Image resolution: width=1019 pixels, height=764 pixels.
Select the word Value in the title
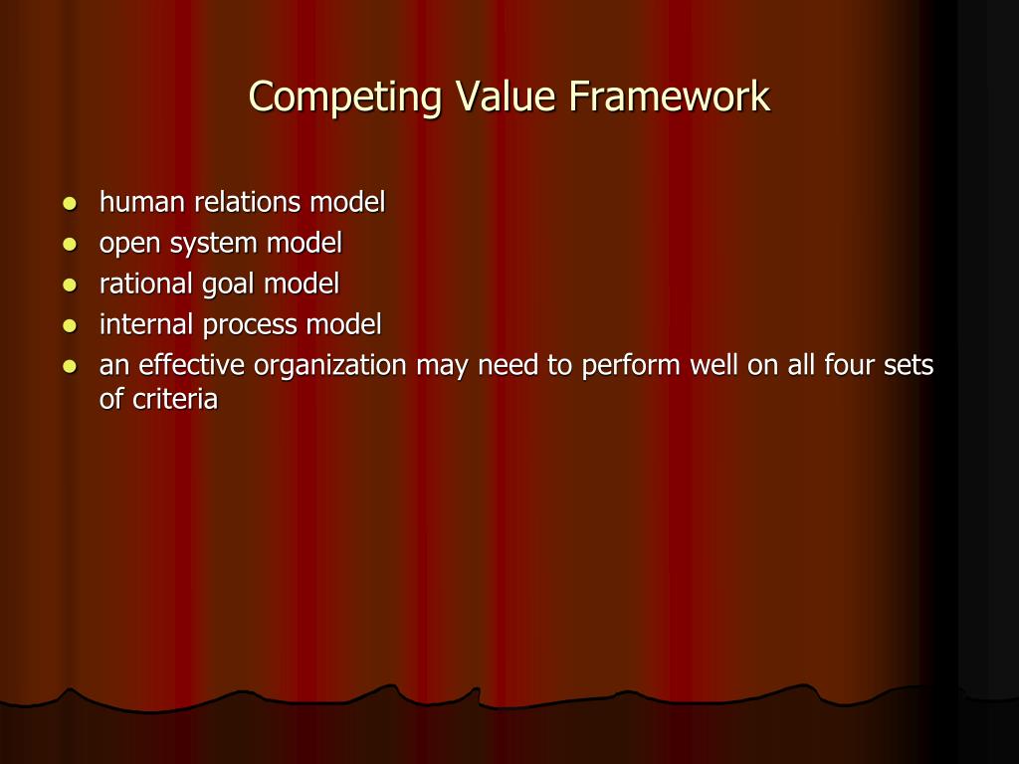pyautogui.click(x=508, y=97)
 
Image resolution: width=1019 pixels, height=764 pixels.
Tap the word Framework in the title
pyautogui.click(x=670, y=97)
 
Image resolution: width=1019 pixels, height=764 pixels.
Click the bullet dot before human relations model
pyautogui.click(x=69, y=204)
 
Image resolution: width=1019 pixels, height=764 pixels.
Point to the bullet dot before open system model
pyautogui.click(x=69, y=245)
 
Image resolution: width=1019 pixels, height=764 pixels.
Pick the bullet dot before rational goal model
pyautogui.click(x=69, y=286)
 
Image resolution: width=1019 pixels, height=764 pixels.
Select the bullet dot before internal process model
pyautogui.click(x=69, y=326)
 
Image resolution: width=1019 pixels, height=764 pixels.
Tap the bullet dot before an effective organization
pyautogui.click(x=69, y=367)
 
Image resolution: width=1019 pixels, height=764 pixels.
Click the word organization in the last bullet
pyautogui.click(x=330, y=367)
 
